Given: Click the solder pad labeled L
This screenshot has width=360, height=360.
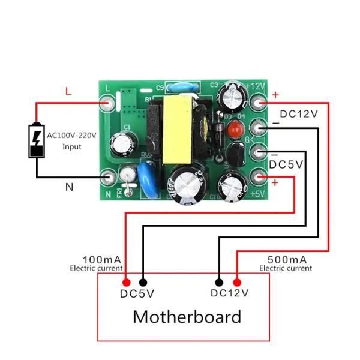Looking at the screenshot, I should tap(108, 104).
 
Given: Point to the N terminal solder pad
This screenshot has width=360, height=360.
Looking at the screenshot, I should tap(108, 176).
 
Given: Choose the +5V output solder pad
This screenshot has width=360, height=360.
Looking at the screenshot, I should tap(259, 177).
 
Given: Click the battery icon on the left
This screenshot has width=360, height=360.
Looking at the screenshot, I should tap(37, 140).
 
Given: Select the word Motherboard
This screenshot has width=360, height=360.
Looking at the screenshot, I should tap(187, 316).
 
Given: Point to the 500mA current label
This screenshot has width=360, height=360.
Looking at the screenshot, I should tap(287, 259).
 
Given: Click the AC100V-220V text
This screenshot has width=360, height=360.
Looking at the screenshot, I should tap(71, 136).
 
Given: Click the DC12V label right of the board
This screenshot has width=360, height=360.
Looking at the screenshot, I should tap(299, 114).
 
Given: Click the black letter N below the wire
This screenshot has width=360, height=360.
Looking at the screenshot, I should tap(69, 187).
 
